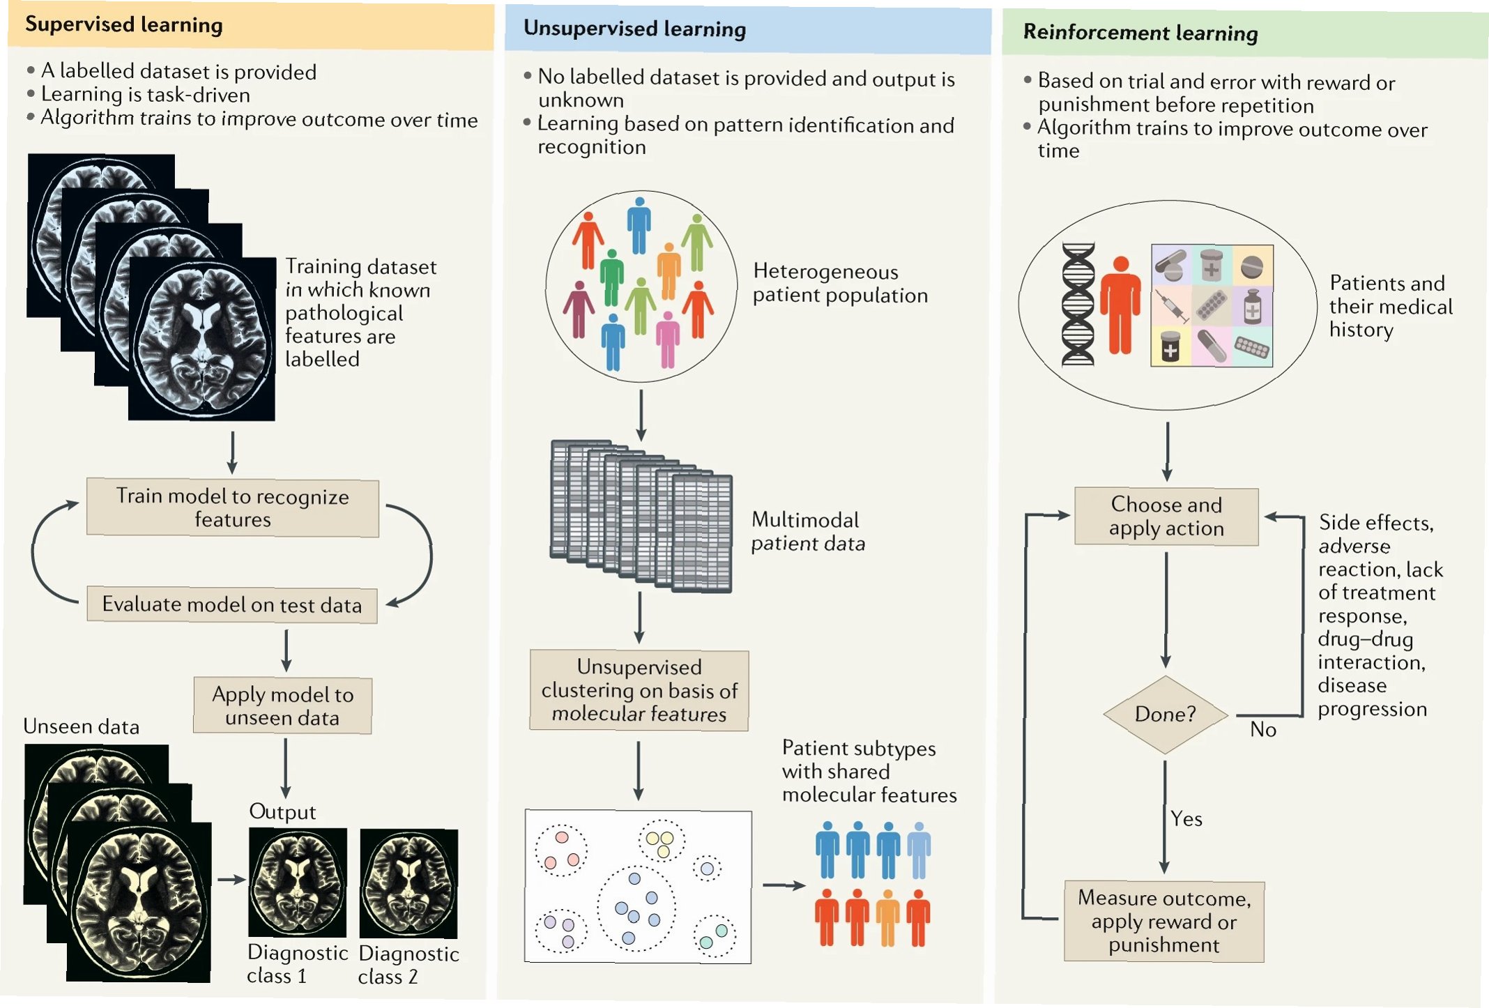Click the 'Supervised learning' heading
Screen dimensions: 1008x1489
click(124, 25)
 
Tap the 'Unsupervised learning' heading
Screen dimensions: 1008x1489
click(634, 29)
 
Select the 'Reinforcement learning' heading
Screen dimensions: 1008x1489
click(1140, 33)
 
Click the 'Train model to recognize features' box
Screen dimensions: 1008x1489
click(232, 507)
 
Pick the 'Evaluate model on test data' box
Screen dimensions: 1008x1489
click(232, 604)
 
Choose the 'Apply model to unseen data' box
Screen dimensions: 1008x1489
click(282, 705)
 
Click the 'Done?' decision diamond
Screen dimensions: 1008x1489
click(1165, 714)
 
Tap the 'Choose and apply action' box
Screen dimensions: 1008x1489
click(1166, 517)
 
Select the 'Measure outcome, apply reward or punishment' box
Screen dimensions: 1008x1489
click(1163, 921)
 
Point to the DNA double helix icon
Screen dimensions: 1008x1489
click(1078, 305)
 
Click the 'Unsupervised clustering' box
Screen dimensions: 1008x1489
click(639, 690)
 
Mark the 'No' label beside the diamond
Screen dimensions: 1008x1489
click(1262, 730)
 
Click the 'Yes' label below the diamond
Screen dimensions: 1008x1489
click(1186, 818)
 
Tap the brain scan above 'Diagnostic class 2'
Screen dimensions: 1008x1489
click(408, 883)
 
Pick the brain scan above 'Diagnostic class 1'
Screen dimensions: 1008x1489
click(298, 882)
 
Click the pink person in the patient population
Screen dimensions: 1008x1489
click(668, 339)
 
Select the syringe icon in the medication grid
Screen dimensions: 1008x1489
click(1172, 305)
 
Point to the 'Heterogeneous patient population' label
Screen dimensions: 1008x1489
click(840, 283)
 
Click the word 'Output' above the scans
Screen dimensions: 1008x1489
click(282, 811)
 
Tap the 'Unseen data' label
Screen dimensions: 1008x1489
click(82, 726)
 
